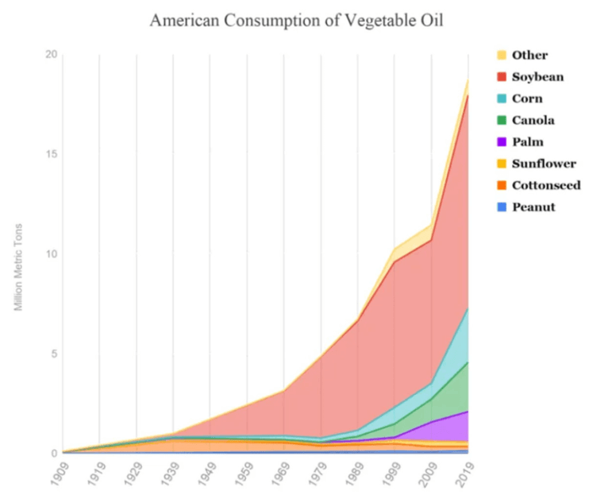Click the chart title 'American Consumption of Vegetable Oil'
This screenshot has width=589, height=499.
295,21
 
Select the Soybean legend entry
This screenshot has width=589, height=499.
537,77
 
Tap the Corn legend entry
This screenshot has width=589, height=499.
529,99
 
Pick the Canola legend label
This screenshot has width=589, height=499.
533,120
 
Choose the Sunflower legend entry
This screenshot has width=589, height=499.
544,164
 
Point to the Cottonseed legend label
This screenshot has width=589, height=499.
546,185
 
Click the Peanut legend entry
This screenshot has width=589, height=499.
533,207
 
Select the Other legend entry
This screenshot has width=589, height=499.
529,56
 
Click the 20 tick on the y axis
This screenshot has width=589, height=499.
52,54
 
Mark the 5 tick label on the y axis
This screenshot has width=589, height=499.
54,354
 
